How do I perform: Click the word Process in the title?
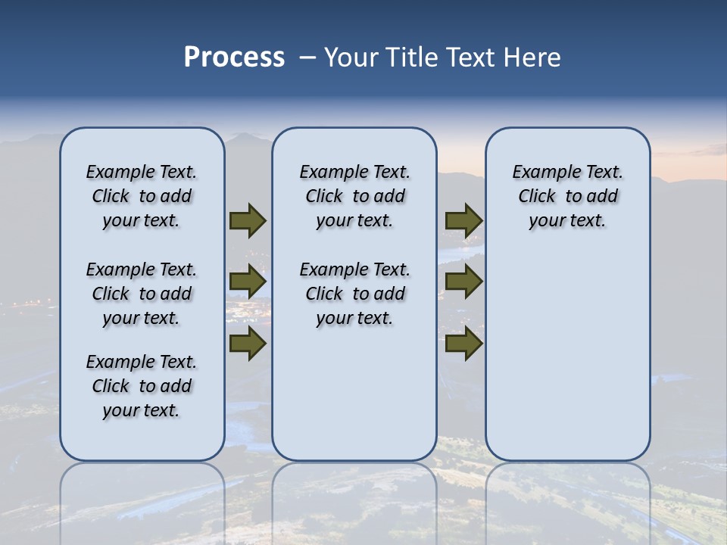tap(234, 58)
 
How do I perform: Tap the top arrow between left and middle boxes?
tap(248, 220)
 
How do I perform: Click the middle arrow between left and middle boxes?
tap(248, 282)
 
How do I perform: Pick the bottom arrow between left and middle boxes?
tap(248, 343)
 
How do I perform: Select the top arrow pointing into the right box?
tap(463, 220)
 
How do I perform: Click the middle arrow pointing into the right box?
tap(463, 282)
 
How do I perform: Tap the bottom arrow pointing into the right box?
tap(463, 343)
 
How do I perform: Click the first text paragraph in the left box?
tap(142, 196)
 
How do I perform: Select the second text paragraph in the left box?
tap(142, 294)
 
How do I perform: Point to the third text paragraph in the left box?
tap(142, 386)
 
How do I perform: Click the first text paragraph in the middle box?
tap(354, 196)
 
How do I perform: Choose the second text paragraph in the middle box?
tap(354, 294)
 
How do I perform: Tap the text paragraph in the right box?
tap(567, 196)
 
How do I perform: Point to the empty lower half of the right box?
tap(567, 356)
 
